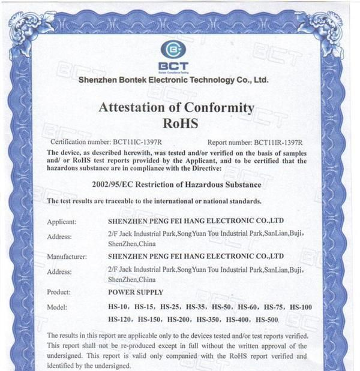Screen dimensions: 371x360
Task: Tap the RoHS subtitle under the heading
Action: point(180,124)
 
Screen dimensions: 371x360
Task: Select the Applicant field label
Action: point(62,222)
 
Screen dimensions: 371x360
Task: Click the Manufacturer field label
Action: point(67,257)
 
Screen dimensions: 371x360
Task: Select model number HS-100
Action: point(301,307)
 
